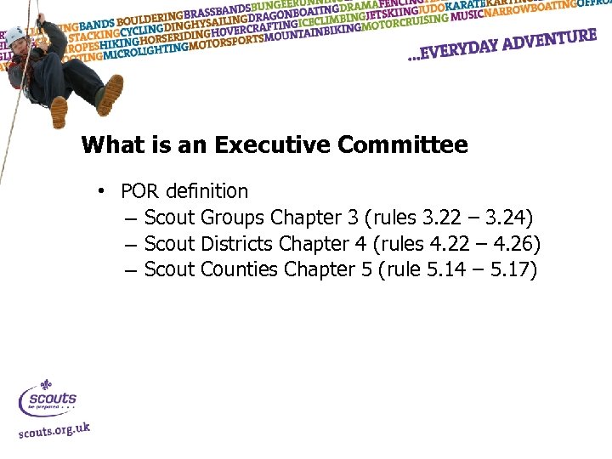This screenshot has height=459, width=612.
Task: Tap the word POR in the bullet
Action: [139, 191]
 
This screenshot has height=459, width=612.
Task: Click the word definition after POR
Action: [206, 191]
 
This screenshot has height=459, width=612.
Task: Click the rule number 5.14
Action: [447, 270]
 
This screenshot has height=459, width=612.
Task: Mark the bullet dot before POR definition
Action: [100, 191]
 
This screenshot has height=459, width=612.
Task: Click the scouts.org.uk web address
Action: [54, 429]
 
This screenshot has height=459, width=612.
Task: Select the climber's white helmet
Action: [15, 35]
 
